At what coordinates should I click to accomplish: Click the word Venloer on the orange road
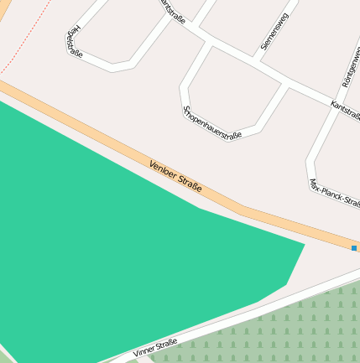click(164, 170)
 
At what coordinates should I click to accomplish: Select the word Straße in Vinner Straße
click(166, 345)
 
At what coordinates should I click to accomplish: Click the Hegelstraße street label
click(73, 41)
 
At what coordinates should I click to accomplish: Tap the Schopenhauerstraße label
click(211, 123)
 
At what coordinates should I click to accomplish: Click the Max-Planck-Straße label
click(333, 192)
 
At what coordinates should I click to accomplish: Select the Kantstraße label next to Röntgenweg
click(345, 111)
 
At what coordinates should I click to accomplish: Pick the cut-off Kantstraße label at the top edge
click(172, 10)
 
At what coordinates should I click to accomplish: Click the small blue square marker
click(354, 248)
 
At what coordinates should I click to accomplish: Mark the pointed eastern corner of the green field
click(303, 245)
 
